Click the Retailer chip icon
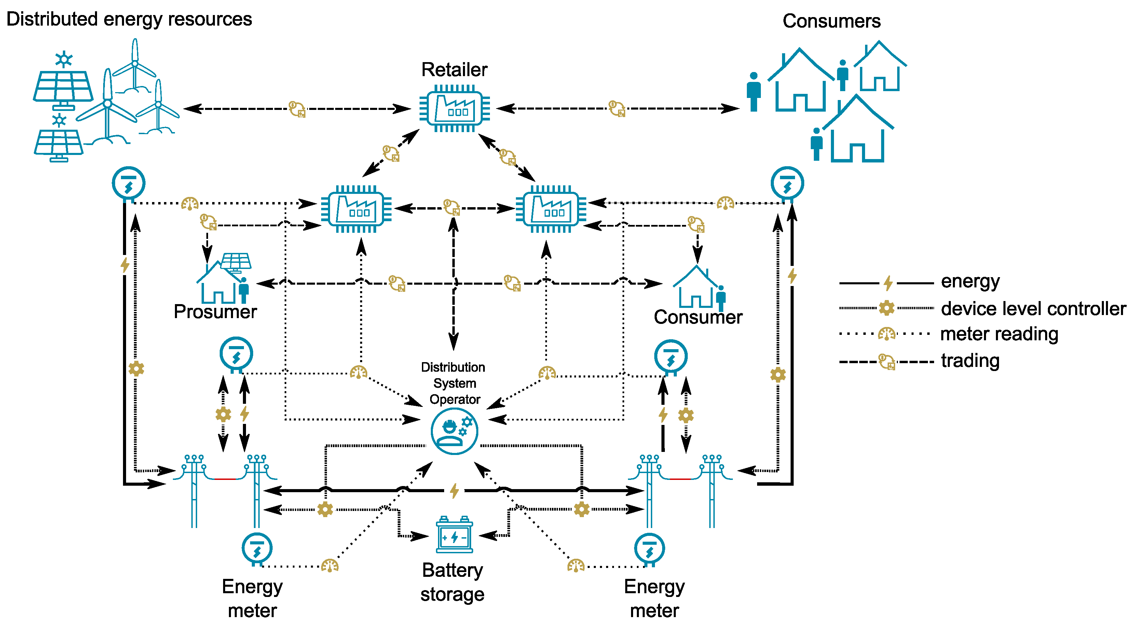click(455, 109)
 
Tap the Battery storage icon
click(454, 535)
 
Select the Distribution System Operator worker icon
click(454, 431)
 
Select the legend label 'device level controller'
click(1033, 309)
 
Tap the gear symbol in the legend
click(886, 308)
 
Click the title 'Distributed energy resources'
click(129, 19)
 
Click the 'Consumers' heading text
click(831, 21)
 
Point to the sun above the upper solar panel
click(64, 59)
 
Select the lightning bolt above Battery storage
click(454, 490)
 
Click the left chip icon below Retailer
click(356, 209)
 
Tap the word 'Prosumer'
click(215, 312)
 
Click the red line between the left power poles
click(225, 479)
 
